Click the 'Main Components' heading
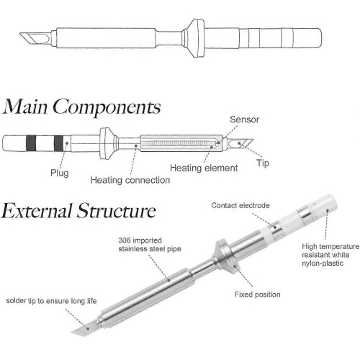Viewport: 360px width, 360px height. pos(81,107)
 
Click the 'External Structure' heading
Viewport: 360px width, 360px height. pos(78,211)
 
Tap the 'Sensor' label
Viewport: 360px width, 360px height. pos(244,120)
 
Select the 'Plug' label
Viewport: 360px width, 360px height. pos(60,173)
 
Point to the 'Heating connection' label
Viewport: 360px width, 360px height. pos(130,180)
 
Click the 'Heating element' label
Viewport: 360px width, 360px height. pos(204,168)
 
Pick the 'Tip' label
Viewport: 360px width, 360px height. pos(263,163)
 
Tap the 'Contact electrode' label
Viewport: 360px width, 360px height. pos(240,205)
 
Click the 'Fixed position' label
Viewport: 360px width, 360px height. pos(258,294)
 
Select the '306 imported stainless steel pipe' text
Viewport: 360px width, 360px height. pos(150,245)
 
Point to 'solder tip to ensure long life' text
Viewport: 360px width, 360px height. pos(51,301)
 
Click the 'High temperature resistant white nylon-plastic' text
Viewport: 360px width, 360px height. pos(330,255)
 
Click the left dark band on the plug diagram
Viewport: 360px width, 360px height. pos(31,143)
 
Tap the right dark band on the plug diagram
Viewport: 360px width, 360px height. pos(58,143)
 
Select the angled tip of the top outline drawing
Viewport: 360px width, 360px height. pos(35,39)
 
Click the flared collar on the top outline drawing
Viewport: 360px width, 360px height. pos(194,38)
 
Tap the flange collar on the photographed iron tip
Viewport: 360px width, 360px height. pos(225,258)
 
